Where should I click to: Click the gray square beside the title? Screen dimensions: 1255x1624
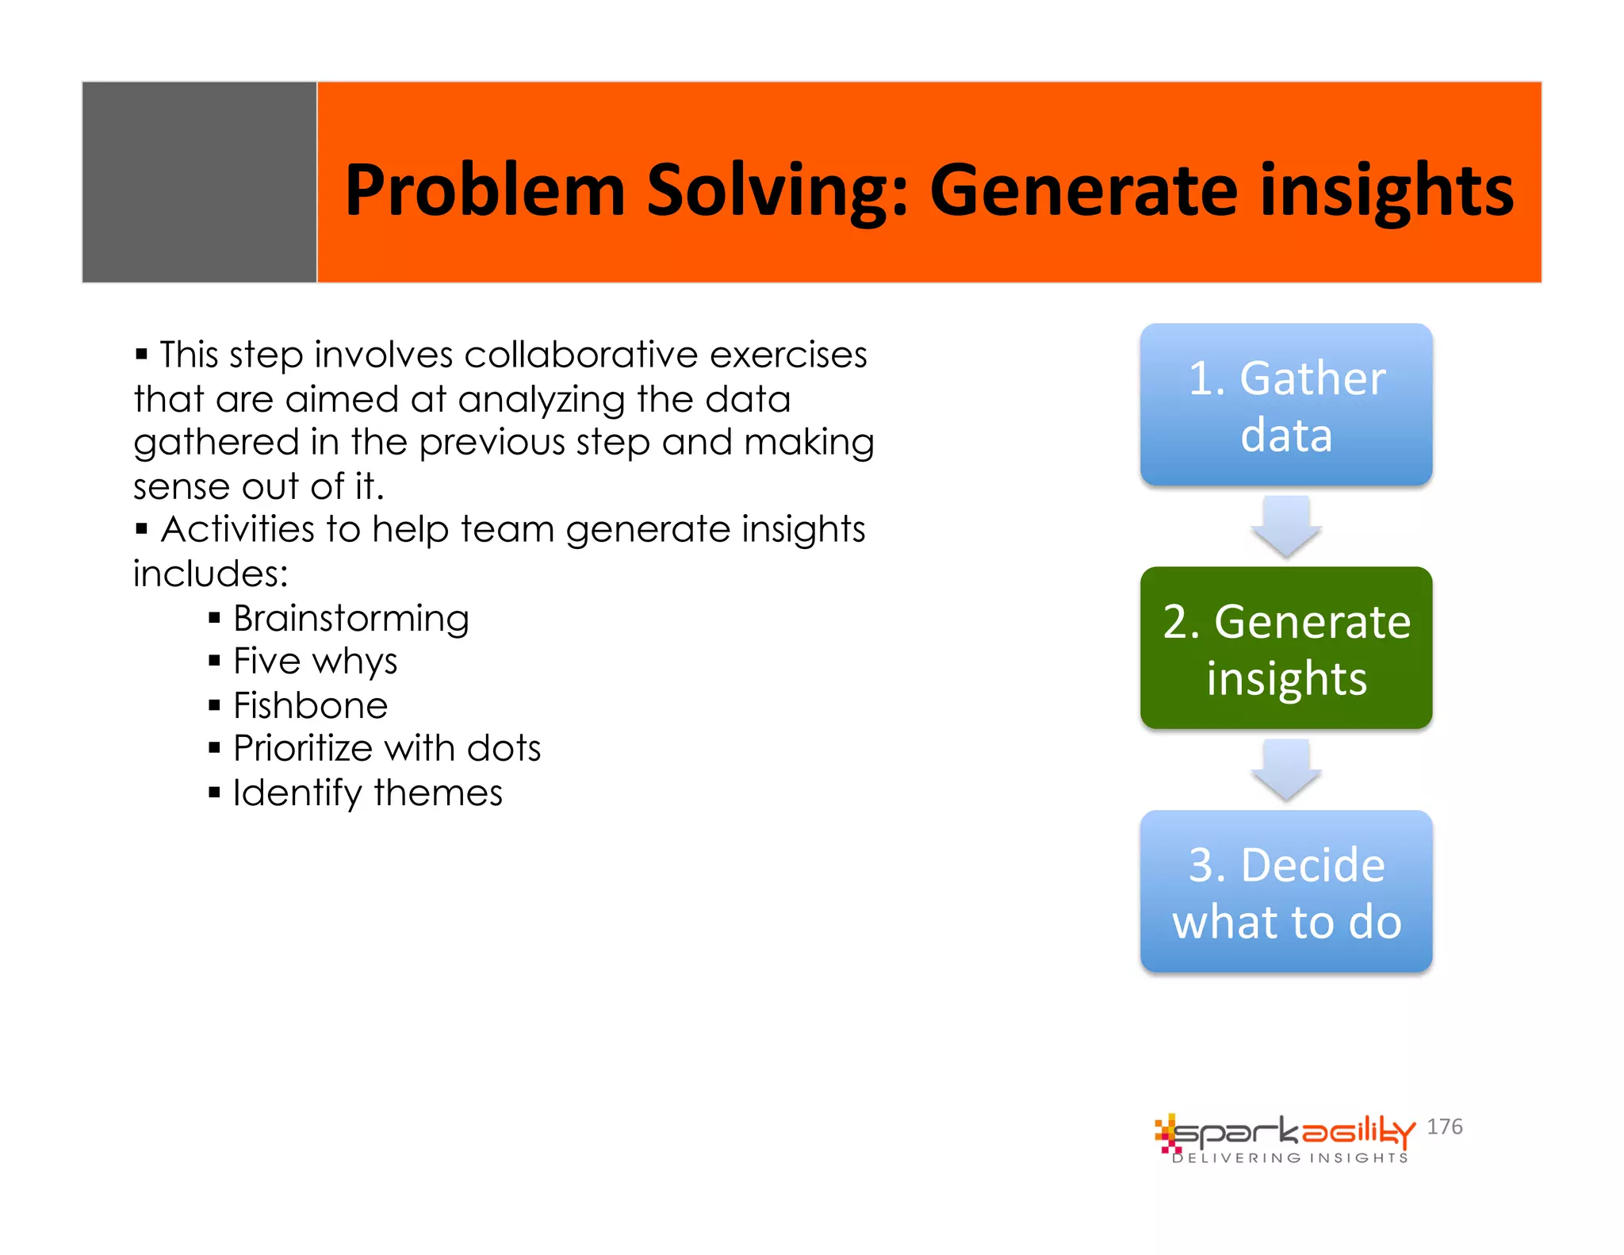point(199,182)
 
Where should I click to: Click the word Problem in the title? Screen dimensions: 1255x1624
point(485,190)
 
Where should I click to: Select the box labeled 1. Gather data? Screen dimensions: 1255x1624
point(1285,405)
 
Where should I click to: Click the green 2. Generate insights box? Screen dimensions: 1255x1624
point(1285,648)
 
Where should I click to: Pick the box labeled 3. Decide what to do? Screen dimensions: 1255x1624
point(1285,892)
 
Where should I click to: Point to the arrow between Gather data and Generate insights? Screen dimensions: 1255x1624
point(1285,527)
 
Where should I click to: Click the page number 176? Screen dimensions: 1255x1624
point(1444,1126)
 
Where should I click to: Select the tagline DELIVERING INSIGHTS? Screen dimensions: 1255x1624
point(1290,1158)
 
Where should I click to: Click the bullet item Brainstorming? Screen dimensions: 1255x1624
point(350,618)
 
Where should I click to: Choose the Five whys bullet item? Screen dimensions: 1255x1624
point(315,662)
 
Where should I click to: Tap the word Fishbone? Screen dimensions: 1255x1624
point(310,705)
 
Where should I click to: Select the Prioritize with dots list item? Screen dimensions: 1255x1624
point(386,748)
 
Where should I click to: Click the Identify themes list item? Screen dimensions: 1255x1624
point(367,793)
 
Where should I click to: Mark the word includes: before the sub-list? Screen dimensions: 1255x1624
point(210,574)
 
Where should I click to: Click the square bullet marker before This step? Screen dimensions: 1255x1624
point(142,354)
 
